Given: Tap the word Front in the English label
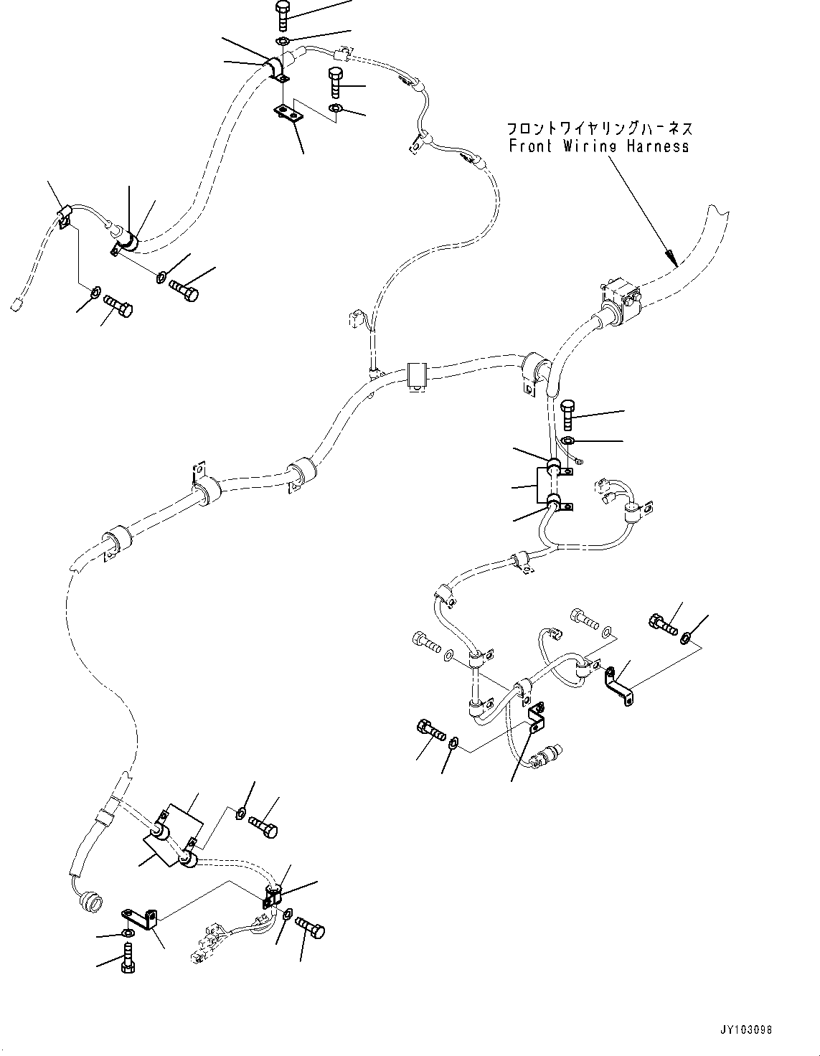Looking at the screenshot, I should [530, 146].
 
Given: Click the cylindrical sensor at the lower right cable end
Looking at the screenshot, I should [549, 755].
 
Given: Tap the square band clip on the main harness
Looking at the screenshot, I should [417, 376].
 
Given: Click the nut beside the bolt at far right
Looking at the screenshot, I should [686, 636].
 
